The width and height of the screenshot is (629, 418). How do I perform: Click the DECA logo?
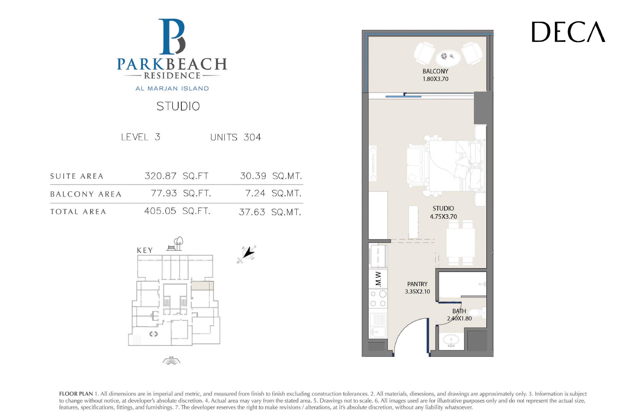click(568, 32)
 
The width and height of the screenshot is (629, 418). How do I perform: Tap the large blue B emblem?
click(172, 37)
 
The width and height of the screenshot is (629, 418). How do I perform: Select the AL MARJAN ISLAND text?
click(172, 88)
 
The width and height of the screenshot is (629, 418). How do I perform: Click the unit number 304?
click(252, 137)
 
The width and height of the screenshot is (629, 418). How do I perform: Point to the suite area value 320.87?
click(160, 176)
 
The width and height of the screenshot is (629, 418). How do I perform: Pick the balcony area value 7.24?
click(255, 193)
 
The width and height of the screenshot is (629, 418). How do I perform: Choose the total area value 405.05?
click(160, 211)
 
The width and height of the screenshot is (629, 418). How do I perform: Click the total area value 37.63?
click(252, 212)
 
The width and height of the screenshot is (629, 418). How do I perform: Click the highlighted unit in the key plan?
click(202, 285)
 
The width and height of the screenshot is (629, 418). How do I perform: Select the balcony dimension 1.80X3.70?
click(435, 79)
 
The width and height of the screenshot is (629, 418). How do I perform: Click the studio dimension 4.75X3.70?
click(443, 217)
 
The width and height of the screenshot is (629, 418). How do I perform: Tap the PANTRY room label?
click(417, 284)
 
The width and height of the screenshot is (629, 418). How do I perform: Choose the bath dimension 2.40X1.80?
click(459, 318)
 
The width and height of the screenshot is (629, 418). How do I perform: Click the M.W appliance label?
click(378, 279)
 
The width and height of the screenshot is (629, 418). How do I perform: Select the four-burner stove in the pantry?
click(378, 299)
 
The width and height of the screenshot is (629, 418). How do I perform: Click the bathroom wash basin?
click(451, 340)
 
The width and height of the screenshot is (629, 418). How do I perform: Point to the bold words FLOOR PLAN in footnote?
click(76, 394)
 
